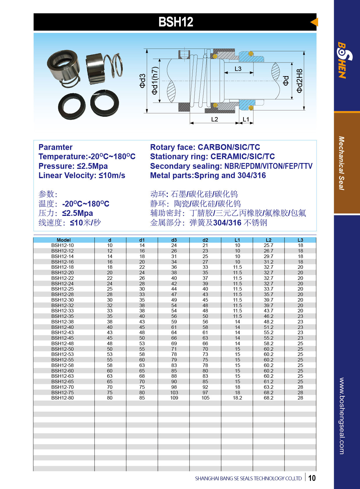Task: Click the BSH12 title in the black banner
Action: (176, 22)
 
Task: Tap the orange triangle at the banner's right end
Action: (314, 22)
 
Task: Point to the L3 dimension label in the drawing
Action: (238, 69)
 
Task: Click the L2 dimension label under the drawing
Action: (215, 119)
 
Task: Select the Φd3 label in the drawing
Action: (142, 81)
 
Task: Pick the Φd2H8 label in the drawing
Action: (300, 81)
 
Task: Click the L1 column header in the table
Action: (237, 240)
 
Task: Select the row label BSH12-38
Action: (62, 322)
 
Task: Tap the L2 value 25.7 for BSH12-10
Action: (268, 246)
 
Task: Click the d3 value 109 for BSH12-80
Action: (174, 398)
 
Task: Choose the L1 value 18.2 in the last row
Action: (237, 398)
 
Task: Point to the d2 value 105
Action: (205, 398)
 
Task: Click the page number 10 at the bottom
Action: (312, 478)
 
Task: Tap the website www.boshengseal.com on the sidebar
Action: (342, 416)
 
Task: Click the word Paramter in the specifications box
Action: (55, 147)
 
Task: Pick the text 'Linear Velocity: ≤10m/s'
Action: (82, 175)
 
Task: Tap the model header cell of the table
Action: (64, 240)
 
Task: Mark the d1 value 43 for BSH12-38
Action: (142, 322)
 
